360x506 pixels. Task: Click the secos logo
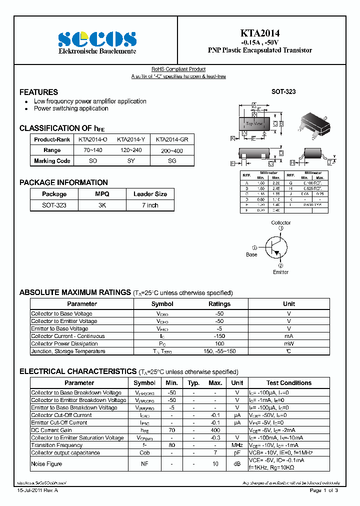coord(97,38)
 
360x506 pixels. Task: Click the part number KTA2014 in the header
coord(259,33)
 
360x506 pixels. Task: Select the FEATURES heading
coord(38,92)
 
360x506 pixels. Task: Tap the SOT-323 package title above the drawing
coord(283,92)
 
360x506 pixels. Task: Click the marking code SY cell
coord(131,161)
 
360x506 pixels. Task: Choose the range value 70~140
coord(93,150)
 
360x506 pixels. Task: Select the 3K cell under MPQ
coord(102,205)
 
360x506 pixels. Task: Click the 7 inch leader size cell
coord(150,205)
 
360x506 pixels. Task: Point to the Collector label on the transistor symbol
coord(281,222)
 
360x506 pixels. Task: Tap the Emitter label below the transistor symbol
coord(280,272)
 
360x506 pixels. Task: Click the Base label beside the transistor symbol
coord(251,254)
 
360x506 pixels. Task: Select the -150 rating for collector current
coord(219,336)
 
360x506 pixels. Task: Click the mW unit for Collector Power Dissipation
coord(289,343)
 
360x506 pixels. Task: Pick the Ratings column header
coord(219,303)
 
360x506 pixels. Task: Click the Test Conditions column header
coord(288,382)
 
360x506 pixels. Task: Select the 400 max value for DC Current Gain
coord(215,430)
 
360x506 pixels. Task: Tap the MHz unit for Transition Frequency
coord(237,445)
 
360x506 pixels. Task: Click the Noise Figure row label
coord(46,464)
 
